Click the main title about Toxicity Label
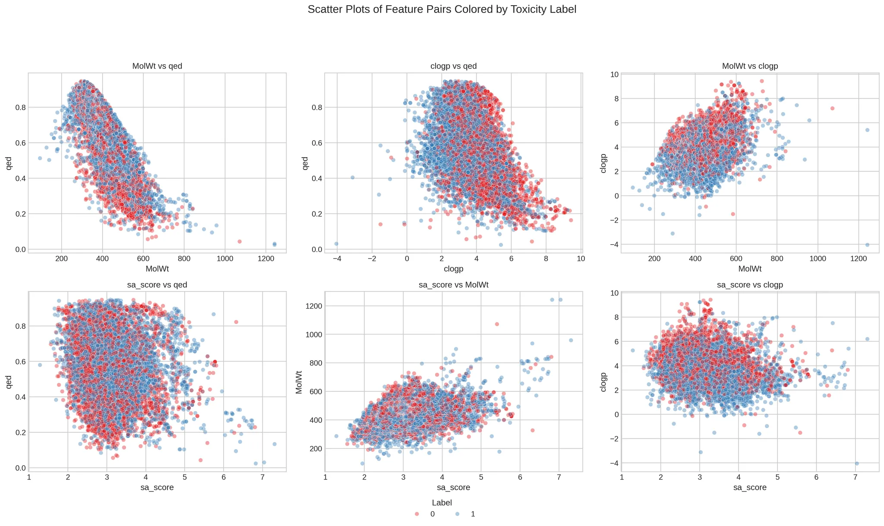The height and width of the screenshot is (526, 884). pos(442,9)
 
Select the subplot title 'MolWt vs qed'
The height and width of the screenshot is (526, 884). pos(157,66)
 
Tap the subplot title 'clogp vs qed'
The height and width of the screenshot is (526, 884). pos(454,66)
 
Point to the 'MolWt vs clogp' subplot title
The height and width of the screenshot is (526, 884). pos(750,66)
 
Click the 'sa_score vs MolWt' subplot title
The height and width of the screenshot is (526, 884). pos(454,285)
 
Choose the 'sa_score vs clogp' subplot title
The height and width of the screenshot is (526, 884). pos(750,285)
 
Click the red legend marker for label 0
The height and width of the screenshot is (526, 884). pos(417,514)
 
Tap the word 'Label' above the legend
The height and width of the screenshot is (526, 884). pos(442,503)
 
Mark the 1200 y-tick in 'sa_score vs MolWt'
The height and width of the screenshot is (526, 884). pos(311,306)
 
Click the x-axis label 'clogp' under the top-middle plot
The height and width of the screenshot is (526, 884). pos(453,269)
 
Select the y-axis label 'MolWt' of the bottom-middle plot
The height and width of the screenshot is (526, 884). pos(299,381)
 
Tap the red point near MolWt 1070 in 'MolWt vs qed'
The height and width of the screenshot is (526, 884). pos(240,241)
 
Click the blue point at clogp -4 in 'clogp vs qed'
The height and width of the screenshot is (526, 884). pos(336,244)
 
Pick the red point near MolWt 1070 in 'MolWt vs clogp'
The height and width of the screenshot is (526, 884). pos(832,108)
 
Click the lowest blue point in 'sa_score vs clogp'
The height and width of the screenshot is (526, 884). pos(857,463)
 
